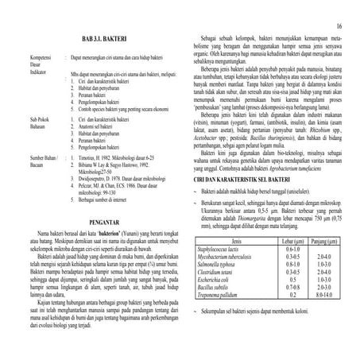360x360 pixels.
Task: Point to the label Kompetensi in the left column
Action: point(19,58)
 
